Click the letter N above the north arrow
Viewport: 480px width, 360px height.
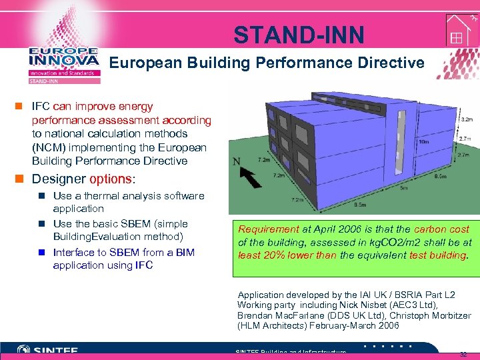236,161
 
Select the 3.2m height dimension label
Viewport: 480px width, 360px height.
467,119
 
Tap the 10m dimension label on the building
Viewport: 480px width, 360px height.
423,141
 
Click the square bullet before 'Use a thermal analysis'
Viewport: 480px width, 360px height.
43,196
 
